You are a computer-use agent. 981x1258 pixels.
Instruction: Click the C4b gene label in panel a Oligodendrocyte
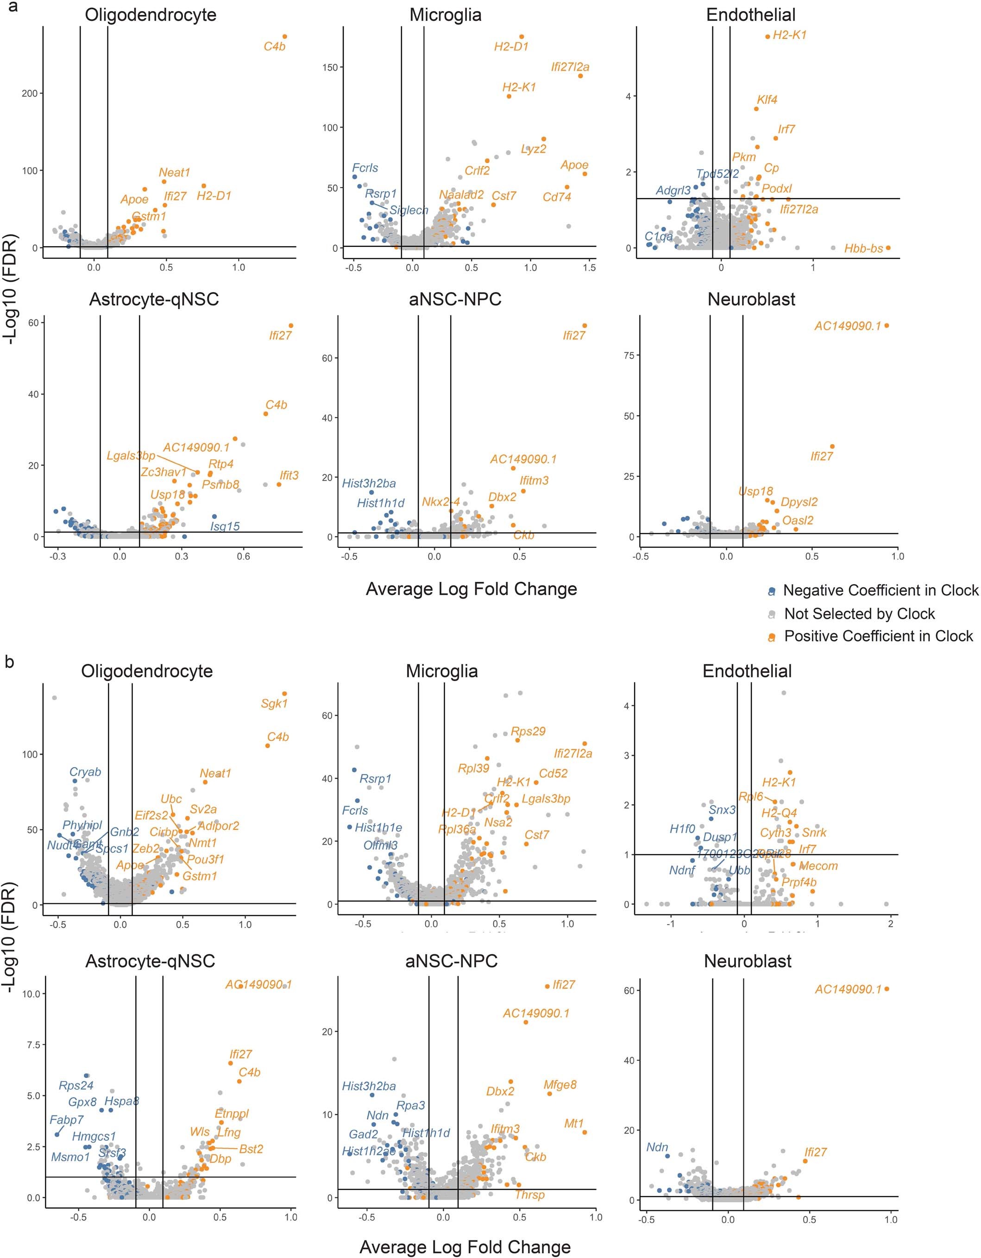point(274,47)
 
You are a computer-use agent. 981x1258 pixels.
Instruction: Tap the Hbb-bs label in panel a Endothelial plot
point(863,249)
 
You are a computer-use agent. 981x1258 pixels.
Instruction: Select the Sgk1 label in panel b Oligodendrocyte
point(274,703)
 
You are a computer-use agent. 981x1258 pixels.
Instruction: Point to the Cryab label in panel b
point(85,772)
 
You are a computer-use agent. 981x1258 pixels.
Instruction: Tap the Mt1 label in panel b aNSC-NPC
point(574,1124)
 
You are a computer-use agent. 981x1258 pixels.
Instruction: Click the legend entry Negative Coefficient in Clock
point(880,590)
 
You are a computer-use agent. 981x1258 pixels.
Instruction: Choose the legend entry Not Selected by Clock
point(859,613)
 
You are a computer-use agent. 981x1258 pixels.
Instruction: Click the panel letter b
point(9,663)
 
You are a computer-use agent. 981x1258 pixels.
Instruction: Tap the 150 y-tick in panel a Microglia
point(330,68)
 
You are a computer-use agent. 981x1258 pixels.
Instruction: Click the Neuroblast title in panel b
point(747,961)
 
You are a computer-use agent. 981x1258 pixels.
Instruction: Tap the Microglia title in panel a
point(445,15)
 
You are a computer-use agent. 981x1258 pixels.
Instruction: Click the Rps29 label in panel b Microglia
point(528,732)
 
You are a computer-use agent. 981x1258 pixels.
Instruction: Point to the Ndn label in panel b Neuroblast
point(657,1147)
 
